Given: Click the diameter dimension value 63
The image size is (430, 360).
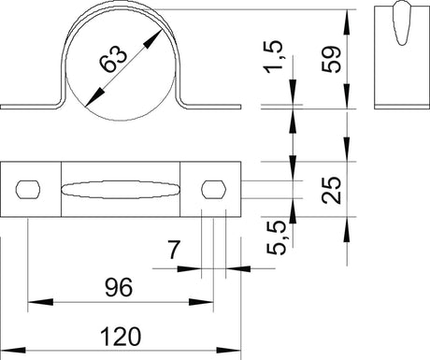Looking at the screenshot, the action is point(113,59).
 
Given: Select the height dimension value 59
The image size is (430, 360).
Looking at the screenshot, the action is point(331,60).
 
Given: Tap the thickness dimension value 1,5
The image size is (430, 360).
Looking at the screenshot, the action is point(273,57).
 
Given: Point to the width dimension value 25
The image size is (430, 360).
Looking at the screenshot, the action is point(331,190).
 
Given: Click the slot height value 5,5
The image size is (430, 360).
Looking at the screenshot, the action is point(276,238).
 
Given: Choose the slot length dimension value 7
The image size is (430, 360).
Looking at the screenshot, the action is point(174,250).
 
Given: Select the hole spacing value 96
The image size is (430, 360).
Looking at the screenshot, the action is point(119,287).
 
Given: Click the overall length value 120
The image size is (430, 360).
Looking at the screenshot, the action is point(121,337).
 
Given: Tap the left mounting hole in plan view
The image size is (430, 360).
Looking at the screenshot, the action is point(28,189).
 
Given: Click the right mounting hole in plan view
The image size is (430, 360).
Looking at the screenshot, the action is point(213,189).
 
